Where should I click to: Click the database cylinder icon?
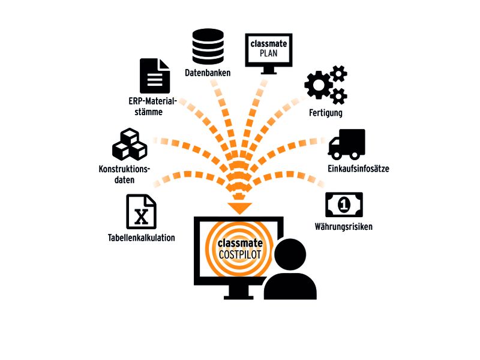(x=208, y=47)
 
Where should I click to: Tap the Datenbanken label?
(x=208, y=73)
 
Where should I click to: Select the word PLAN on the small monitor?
(x=268, y=53)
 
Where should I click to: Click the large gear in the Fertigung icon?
(x=319, y=85)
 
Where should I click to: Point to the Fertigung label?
(x=326, y=113)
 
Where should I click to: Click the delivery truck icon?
(x=347, y=144)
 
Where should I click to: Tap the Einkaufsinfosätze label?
(x=358, y=169)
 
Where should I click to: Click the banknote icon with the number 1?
(x=344, y=205)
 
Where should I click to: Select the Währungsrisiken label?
(x=343, y=227)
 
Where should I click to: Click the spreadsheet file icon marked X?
(x=141, y=212)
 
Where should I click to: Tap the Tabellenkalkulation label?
(x=142, y=238)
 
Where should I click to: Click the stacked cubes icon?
(x=130, y=144)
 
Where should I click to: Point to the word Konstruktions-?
(x=124, y=169)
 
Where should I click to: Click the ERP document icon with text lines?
(x=155, y=76)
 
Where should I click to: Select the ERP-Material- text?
(x=153, y=101)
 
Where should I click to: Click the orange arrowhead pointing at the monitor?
(x=239, y=208)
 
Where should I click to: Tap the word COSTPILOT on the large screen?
(x=239, y=254)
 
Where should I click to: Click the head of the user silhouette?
(x=290, y=254)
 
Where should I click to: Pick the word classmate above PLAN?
(x=269, y=43)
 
